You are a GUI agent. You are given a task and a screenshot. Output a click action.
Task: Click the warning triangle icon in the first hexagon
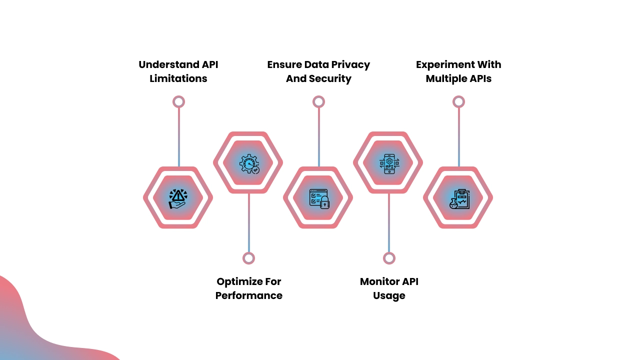pos(177,198)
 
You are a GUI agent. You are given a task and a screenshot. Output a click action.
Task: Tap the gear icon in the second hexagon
pos(248,163)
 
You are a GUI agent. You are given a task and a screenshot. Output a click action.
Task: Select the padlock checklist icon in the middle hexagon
pos(318,198)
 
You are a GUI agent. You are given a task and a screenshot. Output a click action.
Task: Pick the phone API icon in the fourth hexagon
pos(388,163)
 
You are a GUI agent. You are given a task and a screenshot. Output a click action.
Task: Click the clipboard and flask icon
pos(458,198)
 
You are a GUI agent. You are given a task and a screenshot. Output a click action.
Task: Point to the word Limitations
pos(178,78)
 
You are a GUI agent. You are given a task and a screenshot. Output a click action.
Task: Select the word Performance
pos(248,295)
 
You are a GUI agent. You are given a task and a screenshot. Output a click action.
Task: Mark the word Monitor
pos(379,281)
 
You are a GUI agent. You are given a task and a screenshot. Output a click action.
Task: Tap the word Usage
pos(389,295)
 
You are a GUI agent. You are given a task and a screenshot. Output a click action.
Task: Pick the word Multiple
pos(446,78)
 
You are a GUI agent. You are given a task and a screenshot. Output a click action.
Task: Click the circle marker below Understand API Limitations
pos(178,101)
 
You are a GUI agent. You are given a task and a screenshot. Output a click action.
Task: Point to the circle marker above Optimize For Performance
pos(248,258)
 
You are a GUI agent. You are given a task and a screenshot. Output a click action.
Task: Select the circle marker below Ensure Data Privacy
pos(318,101)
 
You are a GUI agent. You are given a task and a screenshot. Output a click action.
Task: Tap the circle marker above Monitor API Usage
pos(389,258)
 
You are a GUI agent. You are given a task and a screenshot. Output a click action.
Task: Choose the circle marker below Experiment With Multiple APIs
pos(458,101)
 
